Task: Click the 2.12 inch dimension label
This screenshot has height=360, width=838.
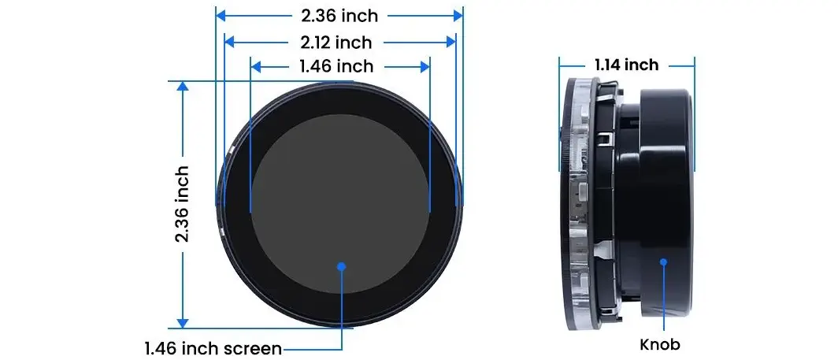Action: click(x=336, y=42)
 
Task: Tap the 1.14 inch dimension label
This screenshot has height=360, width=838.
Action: click(x=626, y=65)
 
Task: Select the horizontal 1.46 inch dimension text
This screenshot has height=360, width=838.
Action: click(x=336, y=66)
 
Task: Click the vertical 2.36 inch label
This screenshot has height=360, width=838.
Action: click(x=183, y=203)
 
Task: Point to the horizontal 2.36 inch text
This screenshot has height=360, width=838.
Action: click(x=339, y=16)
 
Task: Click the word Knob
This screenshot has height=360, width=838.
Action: click(x=660, y=344)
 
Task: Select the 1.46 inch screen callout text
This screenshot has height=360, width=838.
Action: click(x=213, y=349)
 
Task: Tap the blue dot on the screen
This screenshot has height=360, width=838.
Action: click(x=342, y=265)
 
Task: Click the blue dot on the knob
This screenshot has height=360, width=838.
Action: click(x=663, y=262)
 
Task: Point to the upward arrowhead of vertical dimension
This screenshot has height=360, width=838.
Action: click(x=183, y=87)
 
